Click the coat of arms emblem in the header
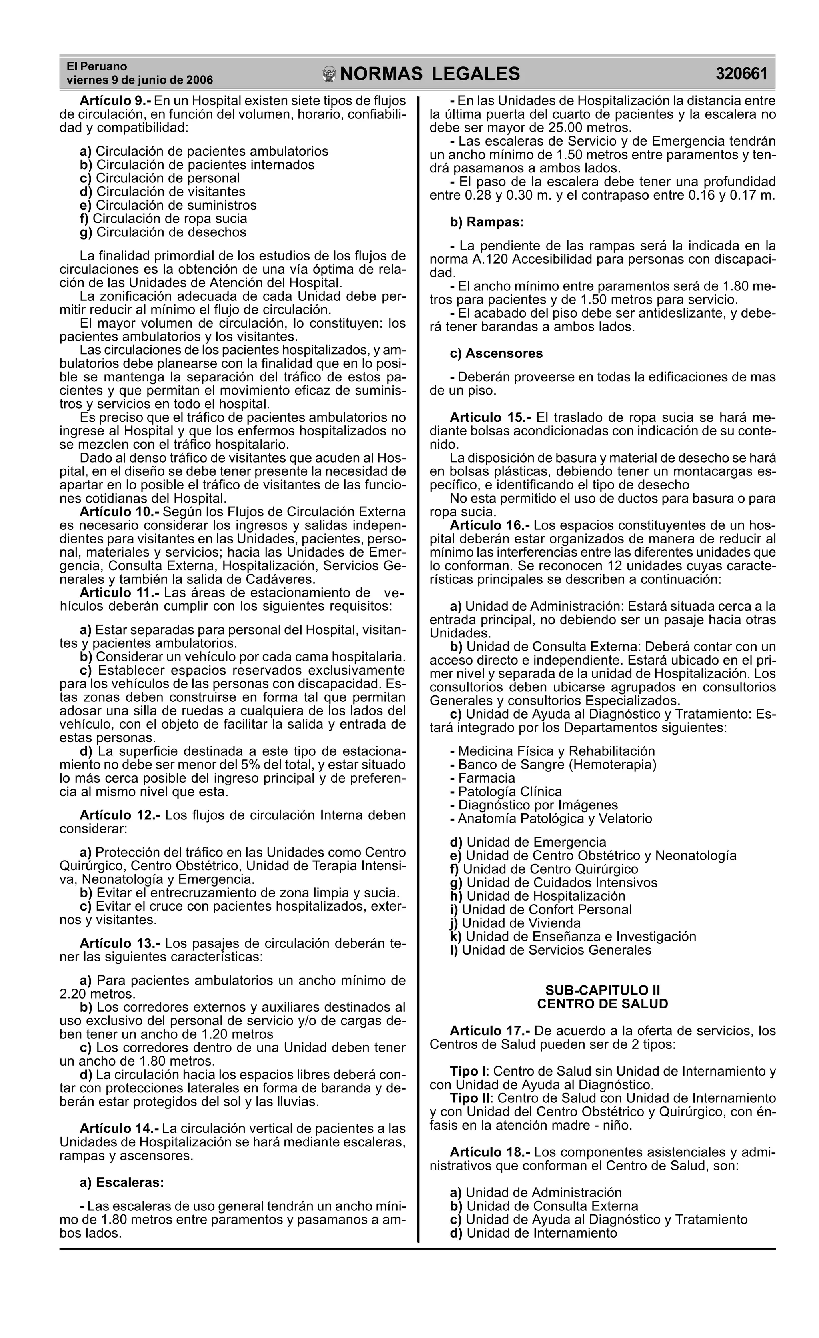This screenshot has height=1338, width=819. coord(329,74)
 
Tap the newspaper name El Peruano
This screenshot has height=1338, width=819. coord(97,66)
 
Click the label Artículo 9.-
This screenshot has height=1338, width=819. coord(115,101)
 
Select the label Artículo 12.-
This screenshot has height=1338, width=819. coord(120,815)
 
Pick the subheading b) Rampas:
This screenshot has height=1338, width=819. coord(487,222)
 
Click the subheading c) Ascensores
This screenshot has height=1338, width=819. coord(496,353)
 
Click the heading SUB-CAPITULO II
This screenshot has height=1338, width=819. coord(602,991)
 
